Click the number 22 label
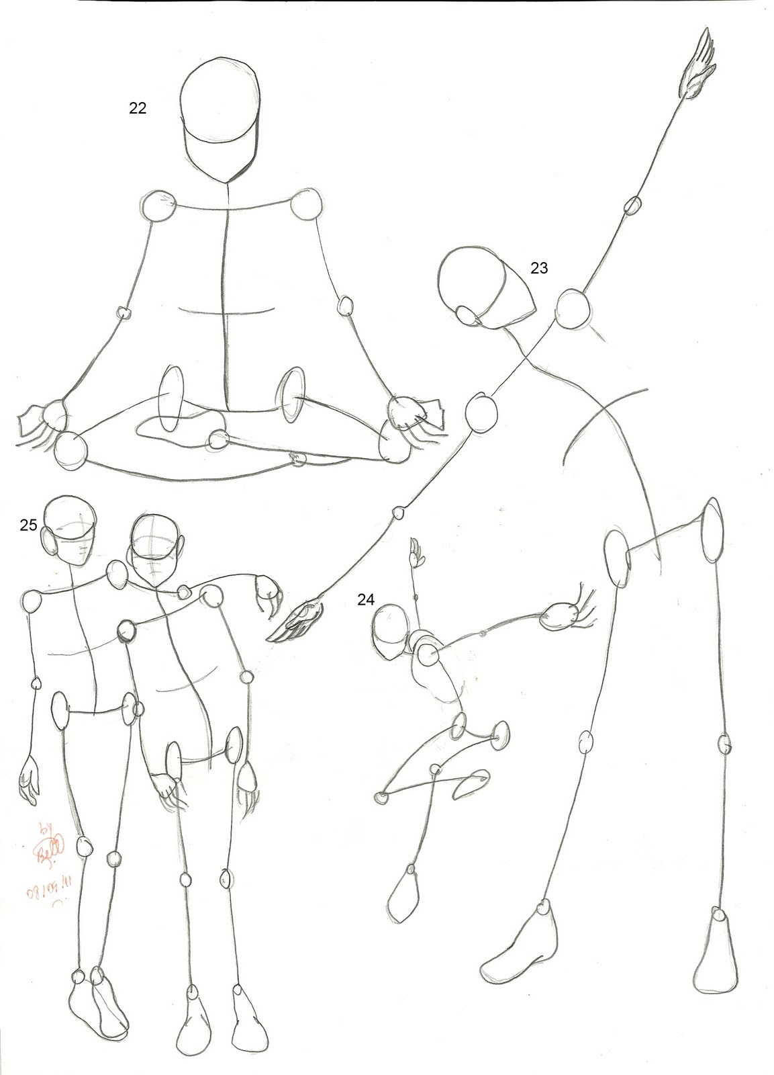click(138, 108)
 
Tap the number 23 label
click(539, 268)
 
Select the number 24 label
click(365, 600)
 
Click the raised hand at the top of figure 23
click(698, 73)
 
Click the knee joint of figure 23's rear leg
click(725, 744)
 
